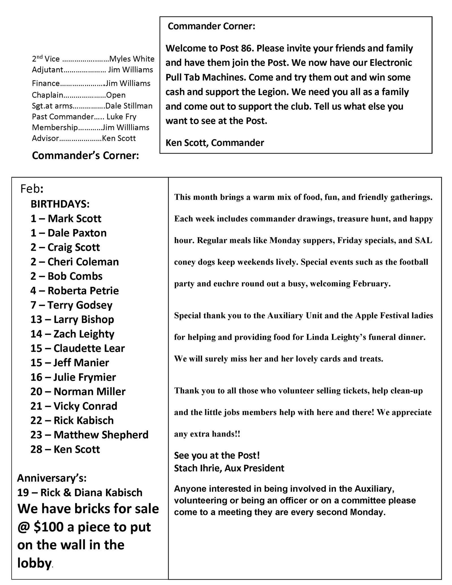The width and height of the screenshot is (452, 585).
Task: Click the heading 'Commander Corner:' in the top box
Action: tap(211, 27)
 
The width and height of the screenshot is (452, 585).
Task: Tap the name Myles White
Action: tap(132, 59)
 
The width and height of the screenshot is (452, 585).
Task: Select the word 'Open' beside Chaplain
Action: tap(116, 95)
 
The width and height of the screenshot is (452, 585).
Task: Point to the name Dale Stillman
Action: tap(129, 106)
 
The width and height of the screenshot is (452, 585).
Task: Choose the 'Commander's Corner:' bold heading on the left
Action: tap(85, 155)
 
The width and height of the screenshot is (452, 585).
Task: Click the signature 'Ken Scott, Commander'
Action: tap(215, 143)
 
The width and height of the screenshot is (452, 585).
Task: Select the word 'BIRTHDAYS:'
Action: tap(60, 204)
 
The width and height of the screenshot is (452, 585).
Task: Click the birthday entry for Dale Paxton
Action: tap(68, 233)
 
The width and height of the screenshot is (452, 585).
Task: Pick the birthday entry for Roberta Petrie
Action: tap(75, 290)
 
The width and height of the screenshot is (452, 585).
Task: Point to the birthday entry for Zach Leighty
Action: tap(72, 334)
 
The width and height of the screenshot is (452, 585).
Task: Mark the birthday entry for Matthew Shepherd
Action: tap(89, 435)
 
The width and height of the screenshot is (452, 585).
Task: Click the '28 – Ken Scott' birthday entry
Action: tap(65, 449)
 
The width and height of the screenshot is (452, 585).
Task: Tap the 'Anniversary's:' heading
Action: tap(52, 478)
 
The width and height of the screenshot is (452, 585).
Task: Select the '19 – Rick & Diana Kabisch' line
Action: tap(80, 493)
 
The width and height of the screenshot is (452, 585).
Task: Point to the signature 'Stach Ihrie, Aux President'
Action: tap(229, 468)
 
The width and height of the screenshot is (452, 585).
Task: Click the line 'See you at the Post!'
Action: tap(217, 455)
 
